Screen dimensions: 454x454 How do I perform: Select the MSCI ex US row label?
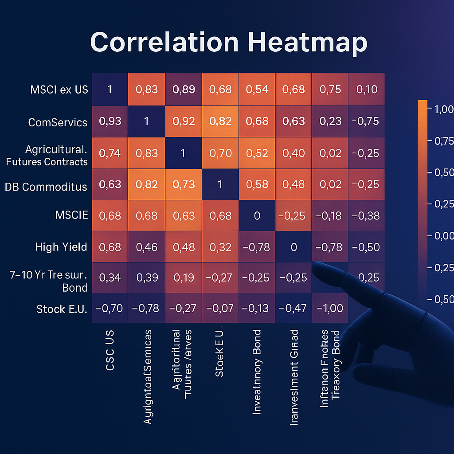tap(59, 89)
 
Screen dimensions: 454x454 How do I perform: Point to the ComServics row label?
tap(58, 122)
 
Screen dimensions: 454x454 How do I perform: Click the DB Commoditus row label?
tap(46, 187)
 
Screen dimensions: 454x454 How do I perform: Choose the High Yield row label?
tap(61, 247)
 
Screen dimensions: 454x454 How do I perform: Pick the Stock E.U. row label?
tap(62, 309)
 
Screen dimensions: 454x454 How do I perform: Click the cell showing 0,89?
tap(184, 89)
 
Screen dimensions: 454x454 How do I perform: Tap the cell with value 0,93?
tap(110, 121)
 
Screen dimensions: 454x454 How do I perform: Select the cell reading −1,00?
tap(330, 308)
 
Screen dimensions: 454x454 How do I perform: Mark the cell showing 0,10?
tap(367, 89)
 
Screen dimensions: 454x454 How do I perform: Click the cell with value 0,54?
tap(257, 89)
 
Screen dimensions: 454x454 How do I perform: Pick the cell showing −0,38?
tap(367, 216)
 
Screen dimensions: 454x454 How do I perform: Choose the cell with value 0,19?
tap(184, 278)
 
